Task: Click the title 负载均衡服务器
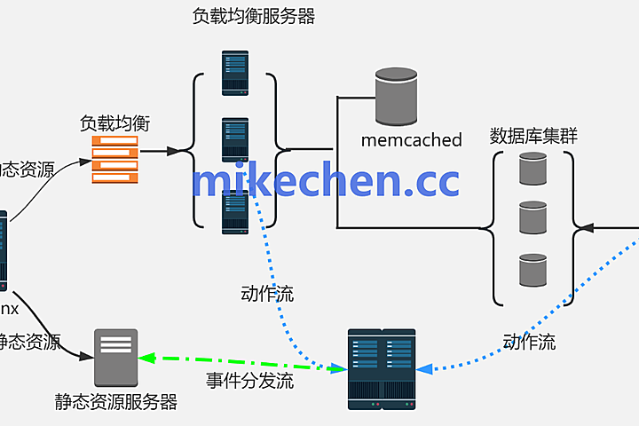coord(254,16)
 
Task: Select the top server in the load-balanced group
coord(235,73)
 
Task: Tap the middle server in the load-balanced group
coord(235,139)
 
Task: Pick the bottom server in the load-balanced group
coord(235,211)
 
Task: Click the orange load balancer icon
coord(115,160)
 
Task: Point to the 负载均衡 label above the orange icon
coord(114,123)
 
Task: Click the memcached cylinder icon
coord(395,98)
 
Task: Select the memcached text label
coord(411,140)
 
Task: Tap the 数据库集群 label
coord(533,136)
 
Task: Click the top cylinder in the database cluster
coord(532,169)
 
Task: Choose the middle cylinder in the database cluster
coord(532,217)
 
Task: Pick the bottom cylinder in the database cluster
coord(532,270)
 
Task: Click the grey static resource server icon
coord(116,357)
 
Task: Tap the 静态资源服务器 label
coord(115,402)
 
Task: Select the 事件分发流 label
coord(250,383)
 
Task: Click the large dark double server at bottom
coord(381,369)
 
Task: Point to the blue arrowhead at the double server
coord(423,368)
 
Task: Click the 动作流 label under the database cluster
coord(529,342)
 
